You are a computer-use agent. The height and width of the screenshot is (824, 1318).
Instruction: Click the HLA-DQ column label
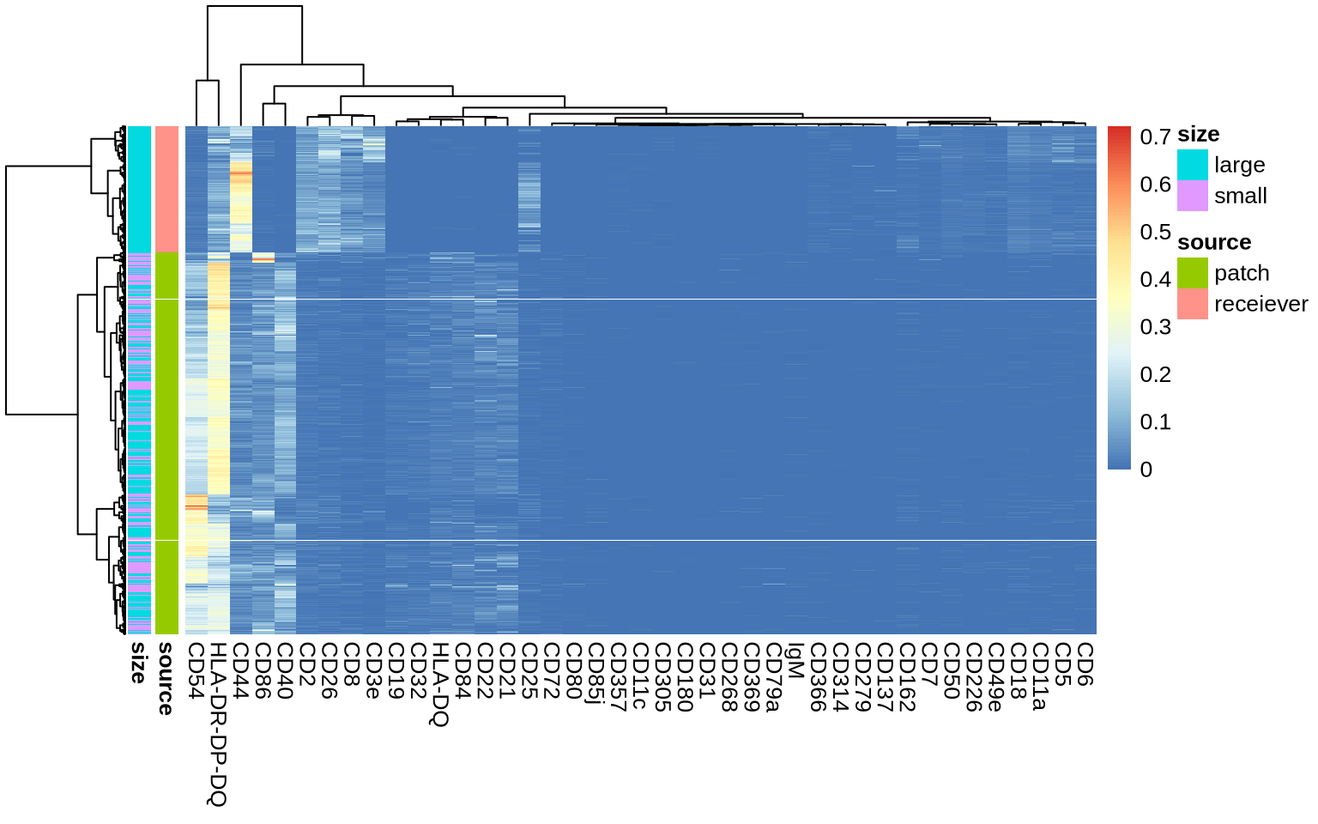coord(440,684)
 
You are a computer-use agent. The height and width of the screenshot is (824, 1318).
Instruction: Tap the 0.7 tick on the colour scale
coord(1155,136)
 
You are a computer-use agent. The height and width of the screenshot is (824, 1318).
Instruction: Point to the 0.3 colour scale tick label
coord(1155,327)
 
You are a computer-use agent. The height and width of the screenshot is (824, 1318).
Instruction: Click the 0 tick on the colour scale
coord(1146,470)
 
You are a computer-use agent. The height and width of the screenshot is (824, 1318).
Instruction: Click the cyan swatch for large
coord(1192,165)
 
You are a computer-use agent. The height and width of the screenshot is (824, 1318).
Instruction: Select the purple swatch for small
coord(1192,196)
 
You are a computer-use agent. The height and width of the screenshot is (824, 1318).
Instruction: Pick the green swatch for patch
coord(1192,273)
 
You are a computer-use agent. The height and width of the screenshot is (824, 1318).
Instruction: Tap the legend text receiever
coord(1261,304)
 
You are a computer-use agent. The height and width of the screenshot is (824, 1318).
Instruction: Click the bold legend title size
coord(1198,135)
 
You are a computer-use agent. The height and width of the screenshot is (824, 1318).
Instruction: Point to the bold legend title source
coord(1214,243)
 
